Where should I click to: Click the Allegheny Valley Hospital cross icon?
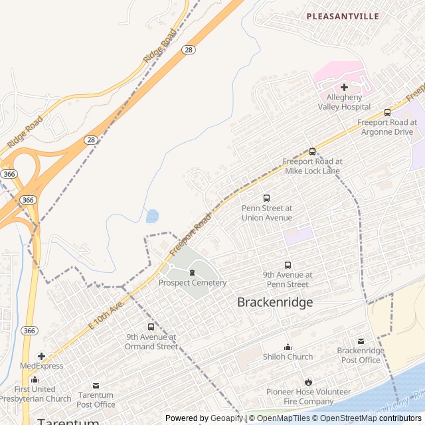click(344, 87)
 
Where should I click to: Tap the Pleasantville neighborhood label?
click(343, 16)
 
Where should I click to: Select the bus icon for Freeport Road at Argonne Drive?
click(387, 112)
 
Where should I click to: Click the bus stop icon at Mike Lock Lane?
click(312, 151)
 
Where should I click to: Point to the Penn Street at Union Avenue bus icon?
click(267, 198)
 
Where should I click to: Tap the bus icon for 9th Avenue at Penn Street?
click(288, 265)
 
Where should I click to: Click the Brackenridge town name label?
click(275, 302)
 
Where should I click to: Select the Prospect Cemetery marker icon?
click(193, 273)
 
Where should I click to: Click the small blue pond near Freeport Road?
click(152, 216)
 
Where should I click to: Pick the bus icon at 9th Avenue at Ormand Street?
click(151, 327)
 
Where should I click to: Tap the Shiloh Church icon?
click(288, 347)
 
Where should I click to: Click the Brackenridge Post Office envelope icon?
click(361, 341)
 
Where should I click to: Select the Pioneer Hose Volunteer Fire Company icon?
click(308, 382)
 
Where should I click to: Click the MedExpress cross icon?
click(41, 356)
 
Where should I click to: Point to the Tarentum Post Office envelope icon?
click(96, 386)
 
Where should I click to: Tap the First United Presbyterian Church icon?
click(35, 379)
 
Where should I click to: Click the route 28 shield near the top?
click(189, 50)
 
